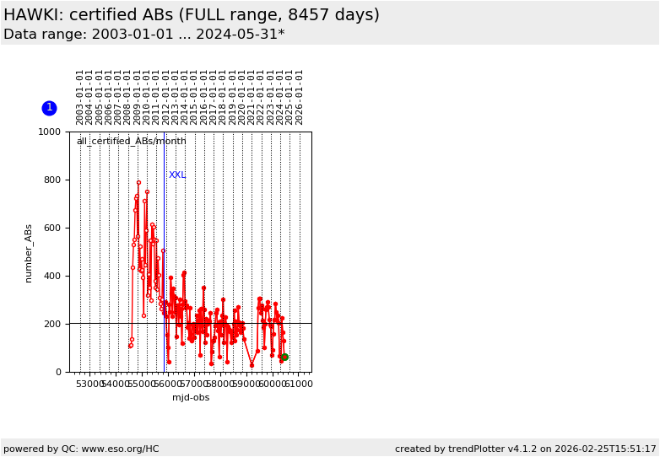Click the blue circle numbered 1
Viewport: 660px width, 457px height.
click(49, 108)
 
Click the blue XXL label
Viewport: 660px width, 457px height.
click(177, 175)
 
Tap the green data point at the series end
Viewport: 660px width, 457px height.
click(284, 357)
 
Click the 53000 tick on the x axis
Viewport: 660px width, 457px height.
click(89, 384)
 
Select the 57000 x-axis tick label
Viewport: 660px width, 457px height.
click(194, 384)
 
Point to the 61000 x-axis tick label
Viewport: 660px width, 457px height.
click(298, 384)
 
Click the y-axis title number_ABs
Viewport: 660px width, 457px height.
click(29, 253)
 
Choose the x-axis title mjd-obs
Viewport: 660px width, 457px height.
click(191, 398)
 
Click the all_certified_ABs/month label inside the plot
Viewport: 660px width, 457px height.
click(131, 142)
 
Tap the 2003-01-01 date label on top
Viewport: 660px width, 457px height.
click(80, 97)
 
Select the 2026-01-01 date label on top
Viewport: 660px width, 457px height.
click(300, 97)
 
